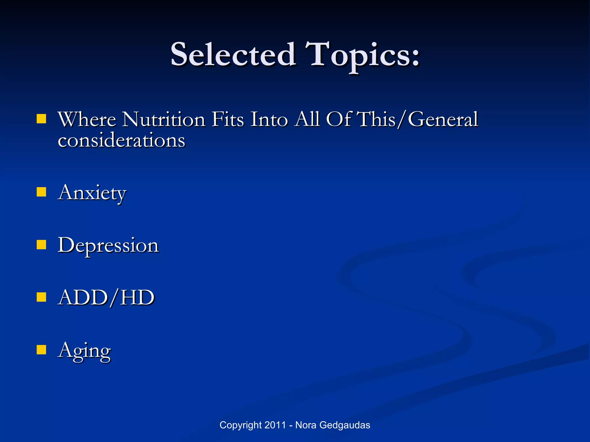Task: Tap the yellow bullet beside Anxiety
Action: (x=41, y=192)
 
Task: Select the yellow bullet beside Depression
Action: (x=41, y=245)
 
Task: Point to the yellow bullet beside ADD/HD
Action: (x=41, y=297)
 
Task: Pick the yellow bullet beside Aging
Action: (x=41, y=350)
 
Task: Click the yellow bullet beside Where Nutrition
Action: (x=41, y=119)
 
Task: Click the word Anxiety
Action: (x=92, y=193)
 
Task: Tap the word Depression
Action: (x=108, y=246)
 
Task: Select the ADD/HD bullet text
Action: (x=106, y=298)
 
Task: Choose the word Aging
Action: (x=84, y=351)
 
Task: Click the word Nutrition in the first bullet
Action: (x=163, y=119)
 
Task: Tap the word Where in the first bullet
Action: (x=87, y=119)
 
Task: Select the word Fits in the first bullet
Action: (x=228, y=119)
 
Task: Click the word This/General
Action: (x=417, y=119)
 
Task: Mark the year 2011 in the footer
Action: (x=275, y=425)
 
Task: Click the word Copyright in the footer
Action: (x=241, y=425)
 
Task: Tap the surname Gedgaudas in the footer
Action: (x=345, y=425)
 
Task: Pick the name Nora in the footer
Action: (x=306, y=425)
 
